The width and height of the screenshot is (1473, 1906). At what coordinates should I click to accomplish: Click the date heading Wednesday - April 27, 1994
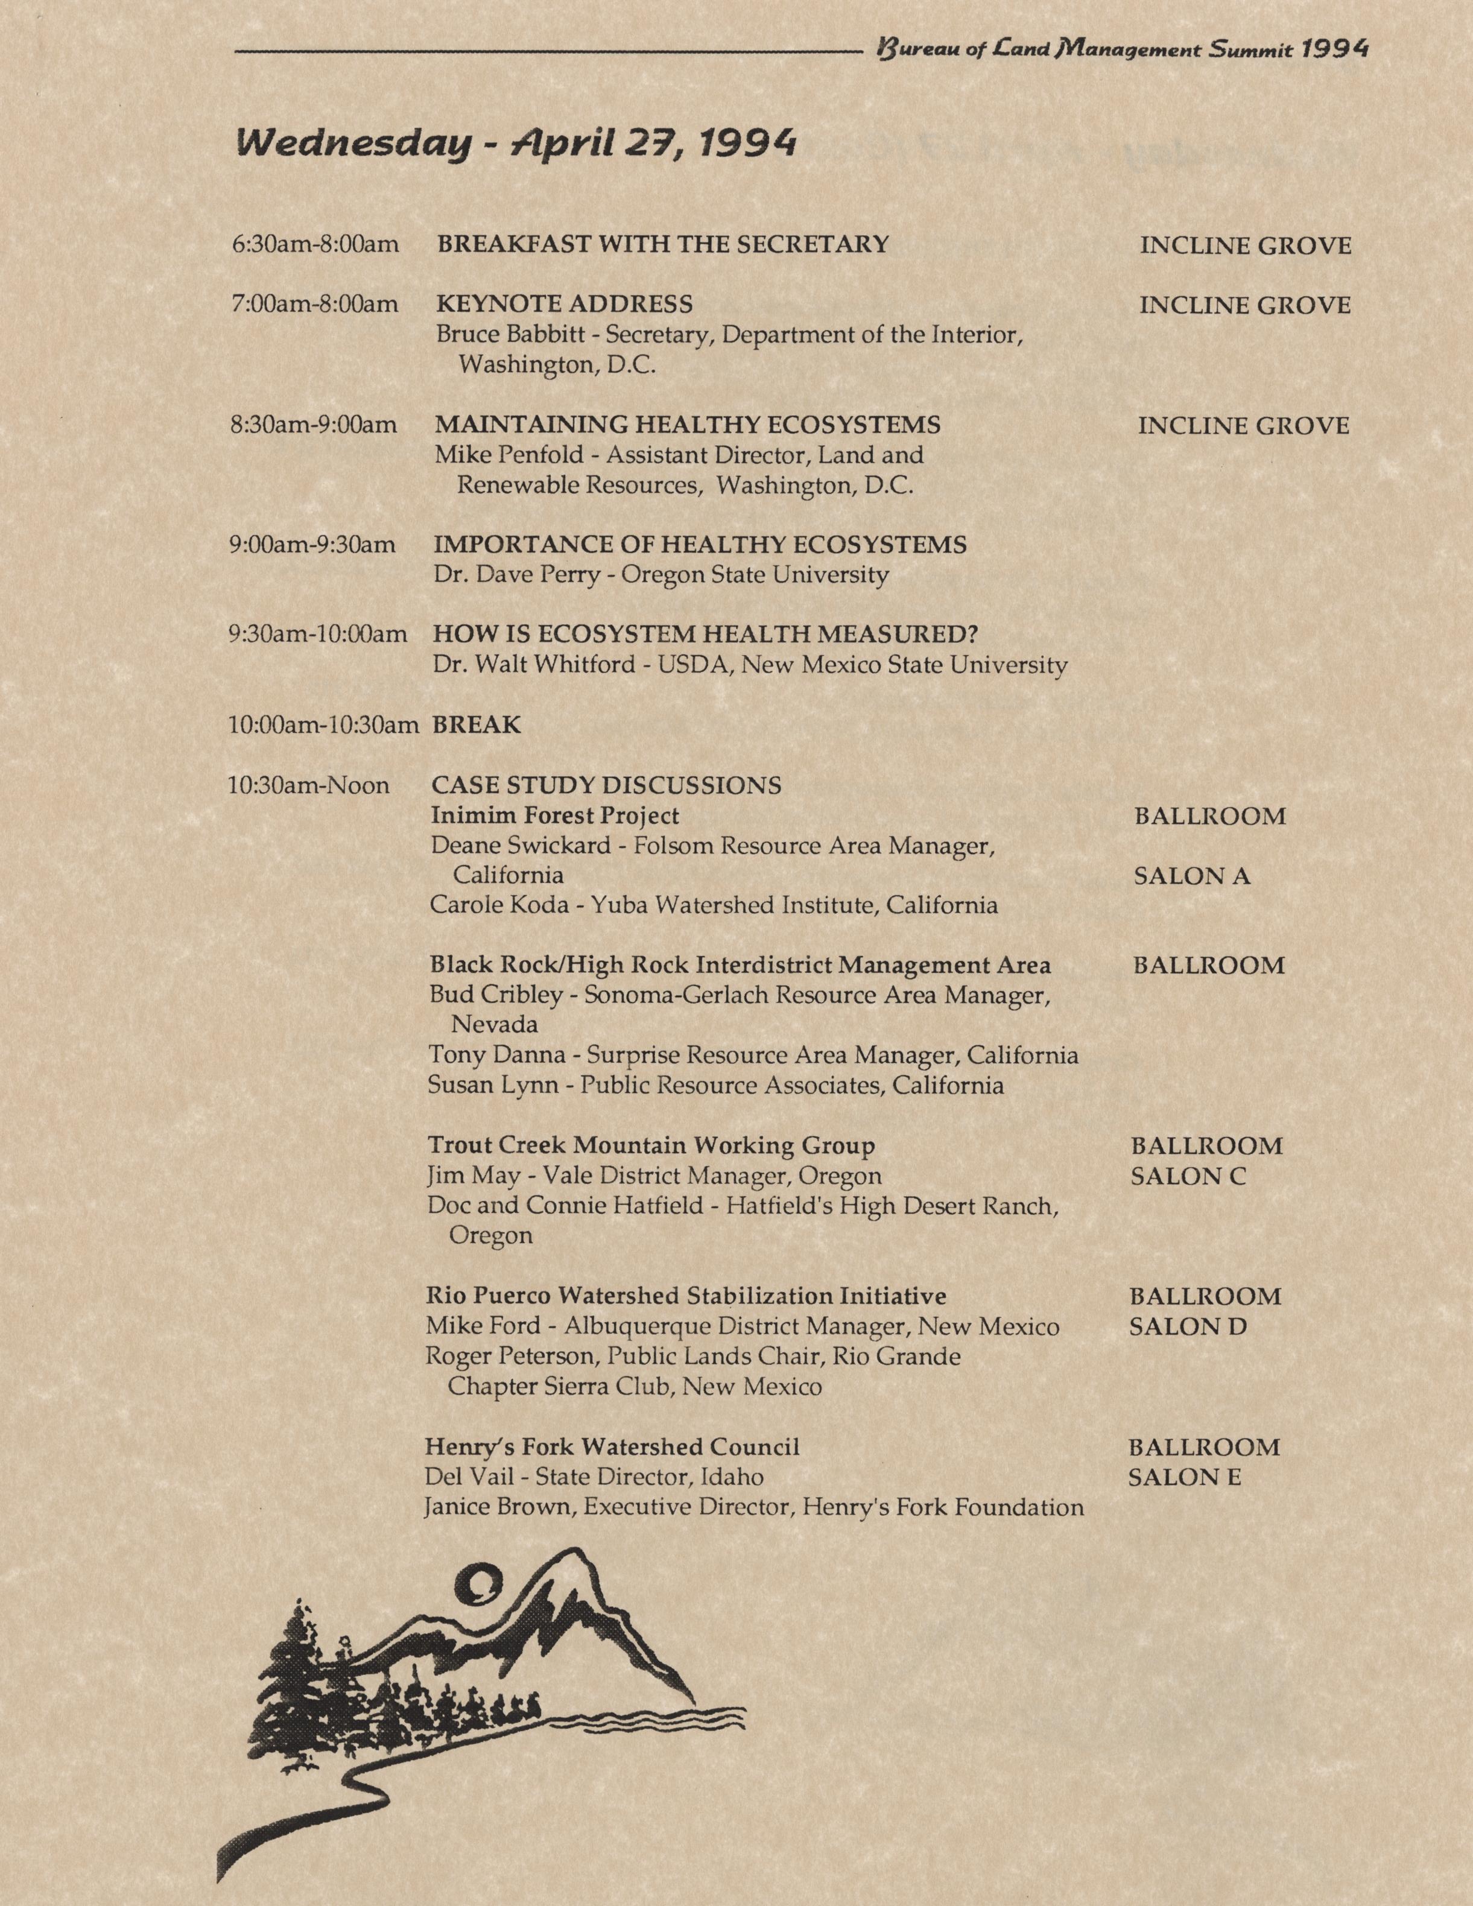tap(516, 143)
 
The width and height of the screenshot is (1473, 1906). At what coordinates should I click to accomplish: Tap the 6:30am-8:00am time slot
tap(315, 244)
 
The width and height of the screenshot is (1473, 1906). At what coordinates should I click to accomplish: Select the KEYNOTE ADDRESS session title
tap(564, 305)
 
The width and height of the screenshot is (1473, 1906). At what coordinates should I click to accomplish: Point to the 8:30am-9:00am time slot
tap(313, 425)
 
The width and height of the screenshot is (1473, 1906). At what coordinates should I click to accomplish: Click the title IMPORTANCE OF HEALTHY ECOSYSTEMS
tap(700, 545)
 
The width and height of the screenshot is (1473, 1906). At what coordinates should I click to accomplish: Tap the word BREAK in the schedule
tap(477, 725)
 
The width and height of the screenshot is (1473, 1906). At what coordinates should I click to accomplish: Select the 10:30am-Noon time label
tap(308, 787)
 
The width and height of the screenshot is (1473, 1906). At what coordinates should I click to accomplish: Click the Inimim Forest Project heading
tap(554, 816)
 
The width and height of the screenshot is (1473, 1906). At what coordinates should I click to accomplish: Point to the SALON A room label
tap(1191, 876)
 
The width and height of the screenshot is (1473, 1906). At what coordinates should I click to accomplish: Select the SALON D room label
tap(1188, 1328)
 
